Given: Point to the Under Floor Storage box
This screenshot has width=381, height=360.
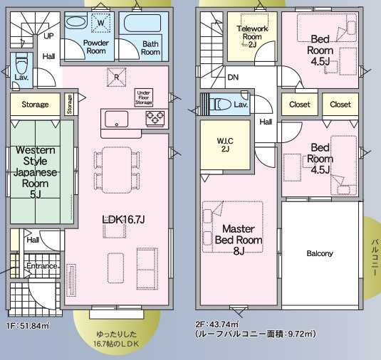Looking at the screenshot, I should click(x=143, y=97).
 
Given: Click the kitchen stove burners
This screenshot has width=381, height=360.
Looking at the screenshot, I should click(x=156, y=118).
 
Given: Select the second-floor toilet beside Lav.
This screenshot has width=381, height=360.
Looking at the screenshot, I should click(x=221, y=105).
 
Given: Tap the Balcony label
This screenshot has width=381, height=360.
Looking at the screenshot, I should click(x=320, y=253).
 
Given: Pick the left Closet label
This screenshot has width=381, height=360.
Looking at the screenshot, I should click(x=300, y=105).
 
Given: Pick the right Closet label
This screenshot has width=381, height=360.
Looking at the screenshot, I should click(x=340, y=105).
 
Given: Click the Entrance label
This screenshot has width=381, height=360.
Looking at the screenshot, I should click(x=41, y=266).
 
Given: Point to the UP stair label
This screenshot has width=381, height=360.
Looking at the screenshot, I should click(x=48, y=35).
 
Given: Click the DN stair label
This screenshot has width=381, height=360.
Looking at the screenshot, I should click(x=234, y=77).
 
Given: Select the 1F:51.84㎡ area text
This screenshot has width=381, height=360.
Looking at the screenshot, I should click(x=28, y=326).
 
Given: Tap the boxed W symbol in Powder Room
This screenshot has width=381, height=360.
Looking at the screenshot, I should click(x=101, y=23).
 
